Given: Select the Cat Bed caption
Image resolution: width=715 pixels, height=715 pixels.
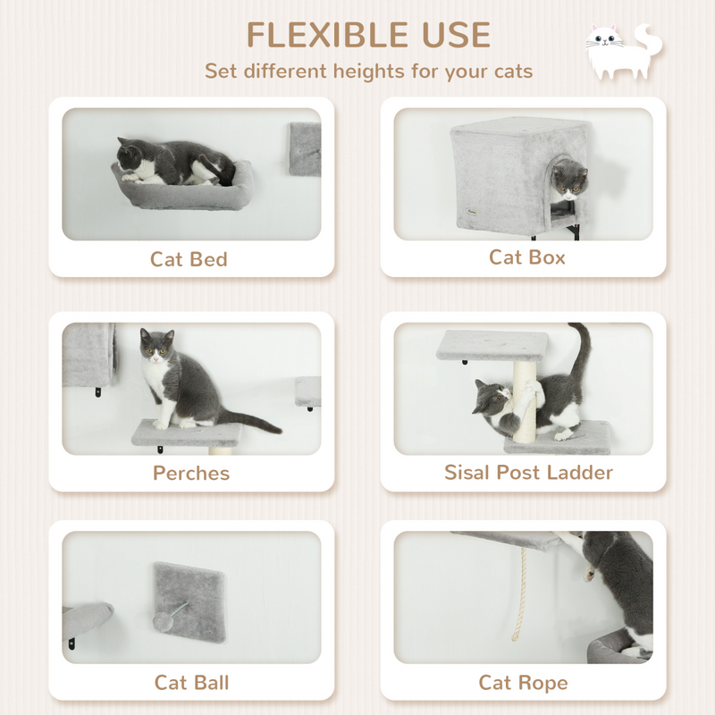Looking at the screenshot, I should tap(189, 259).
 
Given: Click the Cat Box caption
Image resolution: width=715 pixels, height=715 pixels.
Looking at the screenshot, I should tap(526, 257).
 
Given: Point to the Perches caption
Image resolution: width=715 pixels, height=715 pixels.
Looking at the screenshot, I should tap(191, 473).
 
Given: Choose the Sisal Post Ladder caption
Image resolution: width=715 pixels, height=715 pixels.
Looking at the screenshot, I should tap(528, 472).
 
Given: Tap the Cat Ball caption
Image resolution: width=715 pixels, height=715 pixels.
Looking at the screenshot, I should tap(191, 683).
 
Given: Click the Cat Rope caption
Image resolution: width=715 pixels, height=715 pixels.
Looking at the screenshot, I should tap(523, 683).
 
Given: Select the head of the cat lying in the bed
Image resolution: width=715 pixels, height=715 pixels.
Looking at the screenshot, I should tap(133, 155).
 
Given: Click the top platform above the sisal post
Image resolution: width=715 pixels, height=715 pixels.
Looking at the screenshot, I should tap(492, 345).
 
